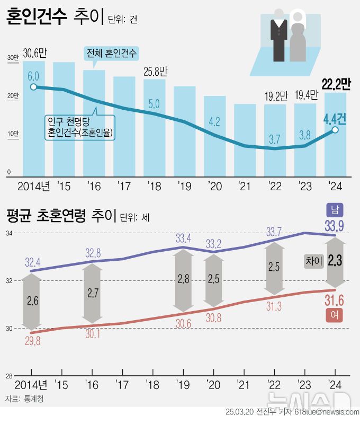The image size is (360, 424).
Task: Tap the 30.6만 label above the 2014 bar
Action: (35, 53)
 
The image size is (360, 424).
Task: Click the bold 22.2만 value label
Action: (336, 83)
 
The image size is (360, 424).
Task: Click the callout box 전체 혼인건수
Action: (111, 53)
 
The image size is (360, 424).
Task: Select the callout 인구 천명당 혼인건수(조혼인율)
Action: (81, 126)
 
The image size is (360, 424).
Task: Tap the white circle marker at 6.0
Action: (33, 87)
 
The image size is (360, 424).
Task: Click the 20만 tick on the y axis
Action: (12, 96)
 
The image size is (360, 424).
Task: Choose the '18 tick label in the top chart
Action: (154, 186)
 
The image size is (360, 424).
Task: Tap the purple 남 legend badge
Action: (335, 209)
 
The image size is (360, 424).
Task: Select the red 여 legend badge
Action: (335, 315)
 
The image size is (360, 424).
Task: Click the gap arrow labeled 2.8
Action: (184, 280)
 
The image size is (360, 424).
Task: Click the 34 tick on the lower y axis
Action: (9, 234)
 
